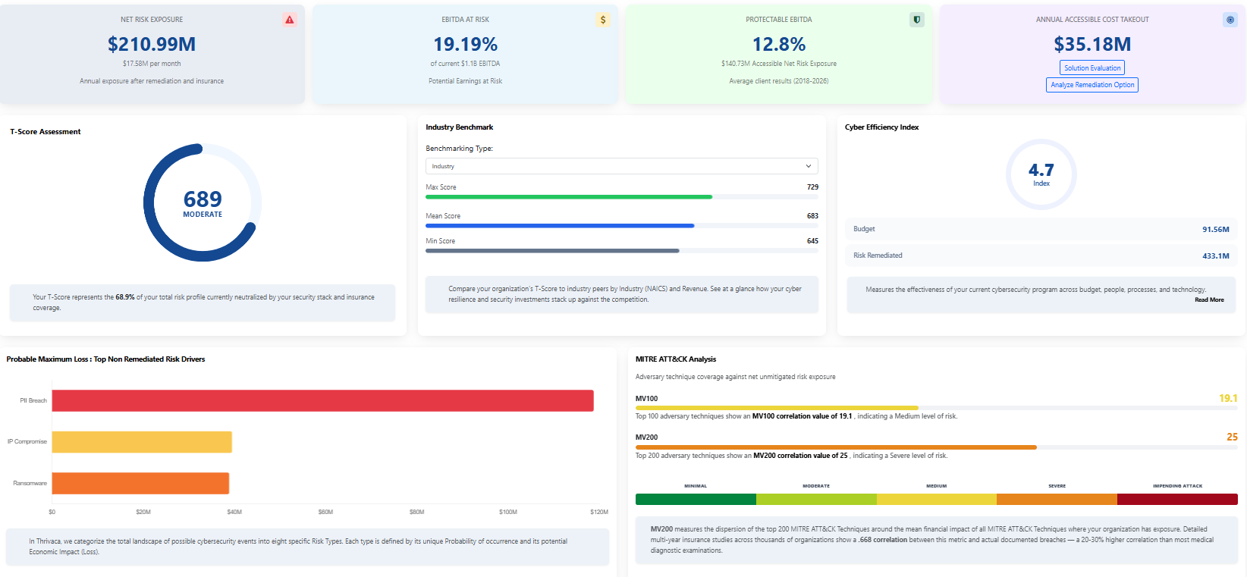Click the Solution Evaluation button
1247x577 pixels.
[x=1092, y=68]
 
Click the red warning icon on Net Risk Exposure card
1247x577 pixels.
[x=290, y=20]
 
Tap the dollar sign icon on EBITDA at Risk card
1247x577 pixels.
[x=603, y=20]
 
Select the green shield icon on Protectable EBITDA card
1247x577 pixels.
[x=916, y=20]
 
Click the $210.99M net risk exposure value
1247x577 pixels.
[x=152, y=45]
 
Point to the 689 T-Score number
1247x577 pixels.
[x=203, y=199]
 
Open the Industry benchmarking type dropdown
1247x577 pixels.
[x=621, y=166]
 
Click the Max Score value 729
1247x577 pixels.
[x=812, y=187]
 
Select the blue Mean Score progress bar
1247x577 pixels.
[x=560, y=226]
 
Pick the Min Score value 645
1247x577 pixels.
[x=812, y=241]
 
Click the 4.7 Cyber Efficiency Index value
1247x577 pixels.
[x=1041, y=171]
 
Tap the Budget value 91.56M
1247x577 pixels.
[x=1215, y=229]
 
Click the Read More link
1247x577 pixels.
[x=1209, y=300]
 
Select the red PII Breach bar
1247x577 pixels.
[x=322, y=401]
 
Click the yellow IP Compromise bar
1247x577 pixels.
[x=142, y=442]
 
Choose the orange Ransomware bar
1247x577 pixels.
[x=140, y=484]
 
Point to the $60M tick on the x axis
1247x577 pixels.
[x=325, y=513]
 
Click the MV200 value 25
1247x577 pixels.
[x=1232, y=437]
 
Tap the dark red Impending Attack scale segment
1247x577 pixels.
[x=1177, y=500]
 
